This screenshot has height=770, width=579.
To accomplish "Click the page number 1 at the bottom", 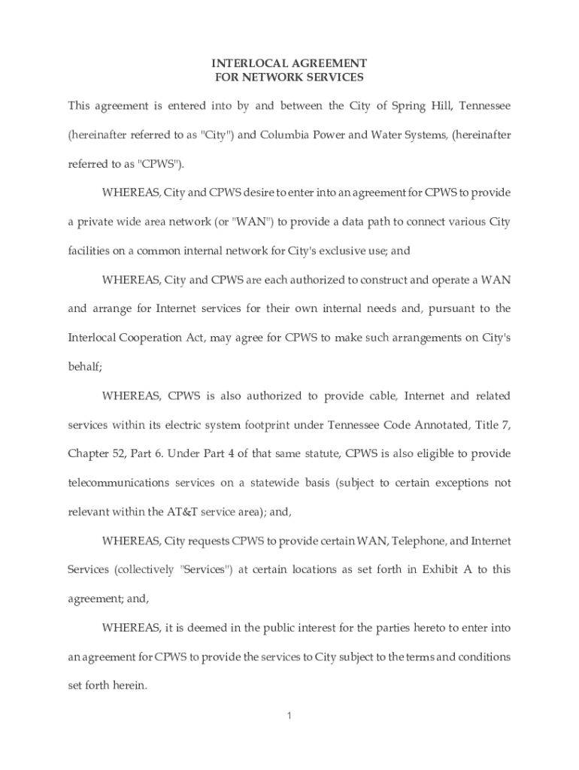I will tap(289, 715).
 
